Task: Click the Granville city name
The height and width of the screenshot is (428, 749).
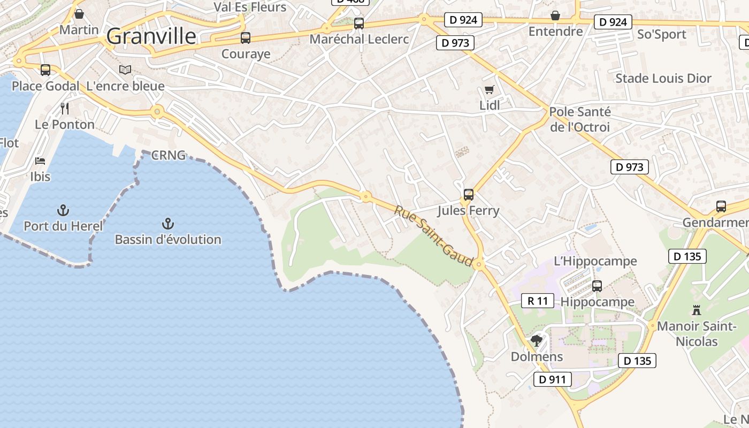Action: [151, 36]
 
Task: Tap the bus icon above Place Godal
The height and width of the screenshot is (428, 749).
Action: [45, 70]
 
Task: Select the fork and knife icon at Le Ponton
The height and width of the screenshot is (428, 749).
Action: [65, 109]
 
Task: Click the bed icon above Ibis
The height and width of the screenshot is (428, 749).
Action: [40, 160]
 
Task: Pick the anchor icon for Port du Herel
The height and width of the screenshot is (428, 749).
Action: [63, 210]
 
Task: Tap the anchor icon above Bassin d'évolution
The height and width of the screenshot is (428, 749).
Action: [168, 223]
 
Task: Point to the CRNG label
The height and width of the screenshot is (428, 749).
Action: [168, 156]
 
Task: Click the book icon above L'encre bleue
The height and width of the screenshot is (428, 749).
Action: [125, 70]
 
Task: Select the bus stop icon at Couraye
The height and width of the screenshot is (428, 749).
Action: [246, 38]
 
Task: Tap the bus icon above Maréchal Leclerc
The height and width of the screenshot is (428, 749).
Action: [359, 24]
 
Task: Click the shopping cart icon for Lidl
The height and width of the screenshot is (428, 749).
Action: [489, 89]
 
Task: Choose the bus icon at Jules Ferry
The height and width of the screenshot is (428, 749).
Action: [469, 194]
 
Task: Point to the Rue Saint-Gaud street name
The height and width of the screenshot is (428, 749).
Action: [434, 236]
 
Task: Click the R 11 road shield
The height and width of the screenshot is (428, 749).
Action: [538, 301]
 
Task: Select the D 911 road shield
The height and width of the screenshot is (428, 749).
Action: [553, 380]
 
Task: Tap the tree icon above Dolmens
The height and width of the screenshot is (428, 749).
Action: [537, 340]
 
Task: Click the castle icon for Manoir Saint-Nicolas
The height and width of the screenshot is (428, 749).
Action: [696, 310]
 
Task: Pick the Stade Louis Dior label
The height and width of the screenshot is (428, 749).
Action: [663, 78]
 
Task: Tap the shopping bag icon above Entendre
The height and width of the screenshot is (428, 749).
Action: [555, 15]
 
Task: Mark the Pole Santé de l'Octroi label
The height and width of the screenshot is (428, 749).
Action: [580, 119]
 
